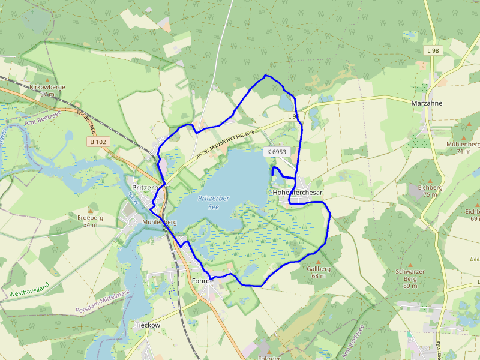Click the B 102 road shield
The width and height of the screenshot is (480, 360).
[97, 142]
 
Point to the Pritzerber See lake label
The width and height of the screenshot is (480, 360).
[214, 202]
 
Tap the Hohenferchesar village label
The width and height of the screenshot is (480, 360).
[297, 193]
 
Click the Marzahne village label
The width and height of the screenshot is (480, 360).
[427, 103]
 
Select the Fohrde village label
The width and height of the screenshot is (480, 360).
[202, 280]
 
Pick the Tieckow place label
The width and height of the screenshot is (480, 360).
[148, 325]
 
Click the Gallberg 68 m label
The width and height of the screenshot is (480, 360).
[319, 272]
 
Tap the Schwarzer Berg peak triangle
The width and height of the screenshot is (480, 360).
[410, 265]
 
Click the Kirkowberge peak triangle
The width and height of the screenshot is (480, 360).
[47, 79]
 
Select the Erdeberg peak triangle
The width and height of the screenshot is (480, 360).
[91, 210]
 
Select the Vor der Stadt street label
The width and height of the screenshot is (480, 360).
[86, 121]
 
